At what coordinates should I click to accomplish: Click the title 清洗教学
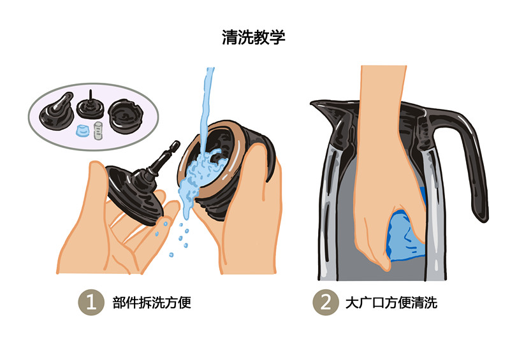(253, 37)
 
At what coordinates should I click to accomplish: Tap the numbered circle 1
(91, 302)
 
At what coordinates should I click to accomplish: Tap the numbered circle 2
(326, 302)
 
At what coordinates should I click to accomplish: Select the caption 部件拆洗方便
(152, 303)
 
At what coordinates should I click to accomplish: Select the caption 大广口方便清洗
(391, 303)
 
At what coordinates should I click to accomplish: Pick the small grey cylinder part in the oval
(98, 131)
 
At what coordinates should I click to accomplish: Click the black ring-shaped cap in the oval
(125, 116)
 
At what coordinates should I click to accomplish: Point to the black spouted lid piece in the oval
(57, 112)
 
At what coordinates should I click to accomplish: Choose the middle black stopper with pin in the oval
(90, 106)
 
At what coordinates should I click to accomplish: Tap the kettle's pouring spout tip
(312, 103)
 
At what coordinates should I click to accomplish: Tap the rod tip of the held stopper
(177, 143)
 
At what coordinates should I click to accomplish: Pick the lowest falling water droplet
(171, 254)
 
